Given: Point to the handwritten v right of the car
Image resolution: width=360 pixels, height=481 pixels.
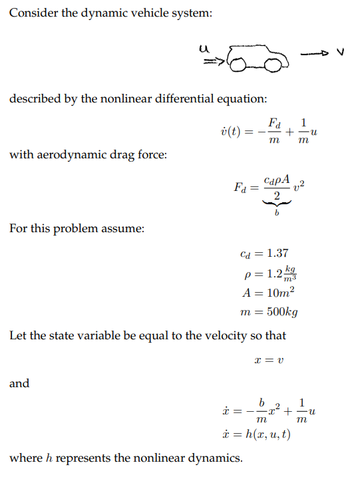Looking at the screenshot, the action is pos(340,51).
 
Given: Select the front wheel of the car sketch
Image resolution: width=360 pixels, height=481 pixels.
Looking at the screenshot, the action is pos(272,65).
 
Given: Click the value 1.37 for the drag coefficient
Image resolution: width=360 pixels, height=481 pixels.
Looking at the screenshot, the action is pos(277,253).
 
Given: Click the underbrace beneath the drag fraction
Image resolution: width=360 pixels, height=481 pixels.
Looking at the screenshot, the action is pos(275,204).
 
